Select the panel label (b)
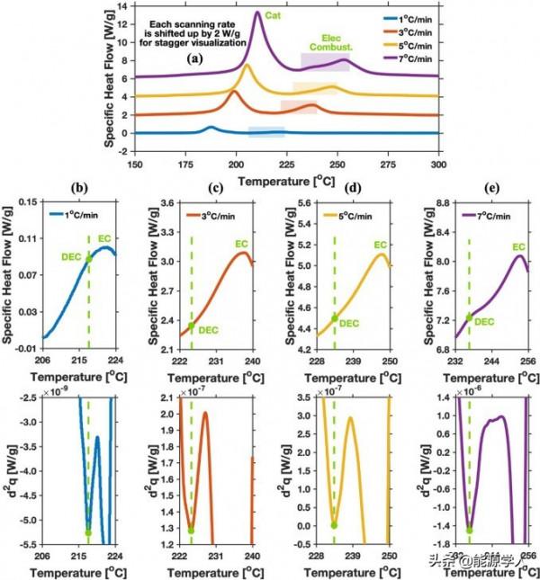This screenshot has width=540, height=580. click(78, 190)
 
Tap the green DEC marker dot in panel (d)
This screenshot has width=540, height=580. click(335, 317)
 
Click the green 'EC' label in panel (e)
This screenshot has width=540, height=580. click(517, 246)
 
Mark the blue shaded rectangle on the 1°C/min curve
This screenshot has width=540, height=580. click(266, 132)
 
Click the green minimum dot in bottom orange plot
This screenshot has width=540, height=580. click(192, 531)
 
